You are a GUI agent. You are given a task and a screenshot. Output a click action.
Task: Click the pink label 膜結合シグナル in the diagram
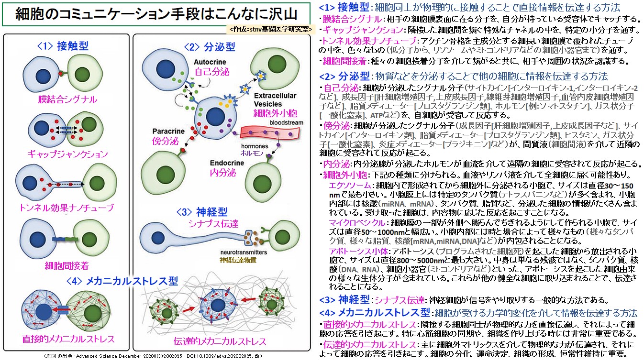pos(67,99)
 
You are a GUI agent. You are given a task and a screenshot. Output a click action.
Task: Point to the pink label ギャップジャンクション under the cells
pos(67,154)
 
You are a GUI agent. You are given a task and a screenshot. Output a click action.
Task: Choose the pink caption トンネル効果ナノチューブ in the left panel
pos(67,208)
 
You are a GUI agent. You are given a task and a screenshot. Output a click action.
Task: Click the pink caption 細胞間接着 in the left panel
pos(67,265)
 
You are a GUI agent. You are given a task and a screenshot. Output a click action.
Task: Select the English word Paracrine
pos(168,131)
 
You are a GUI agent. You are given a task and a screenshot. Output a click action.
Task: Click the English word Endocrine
pos(227,163)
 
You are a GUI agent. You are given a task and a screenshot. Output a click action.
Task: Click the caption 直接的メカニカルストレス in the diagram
pos(68,339)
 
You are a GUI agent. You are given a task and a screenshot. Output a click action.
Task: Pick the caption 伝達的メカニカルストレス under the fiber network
pos(220,341)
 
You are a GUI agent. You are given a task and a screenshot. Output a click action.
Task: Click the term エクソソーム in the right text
pos(350,185)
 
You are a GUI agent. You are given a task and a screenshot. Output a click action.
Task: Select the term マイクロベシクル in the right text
pos(356,222)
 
